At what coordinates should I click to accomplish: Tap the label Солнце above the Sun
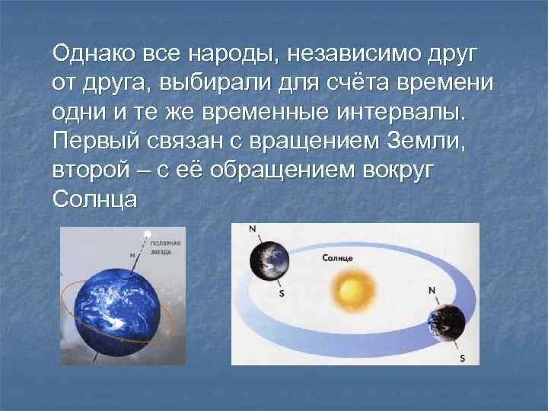338,259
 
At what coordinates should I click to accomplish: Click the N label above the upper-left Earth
253,228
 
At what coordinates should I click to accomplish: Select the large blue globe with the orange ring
114,309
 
